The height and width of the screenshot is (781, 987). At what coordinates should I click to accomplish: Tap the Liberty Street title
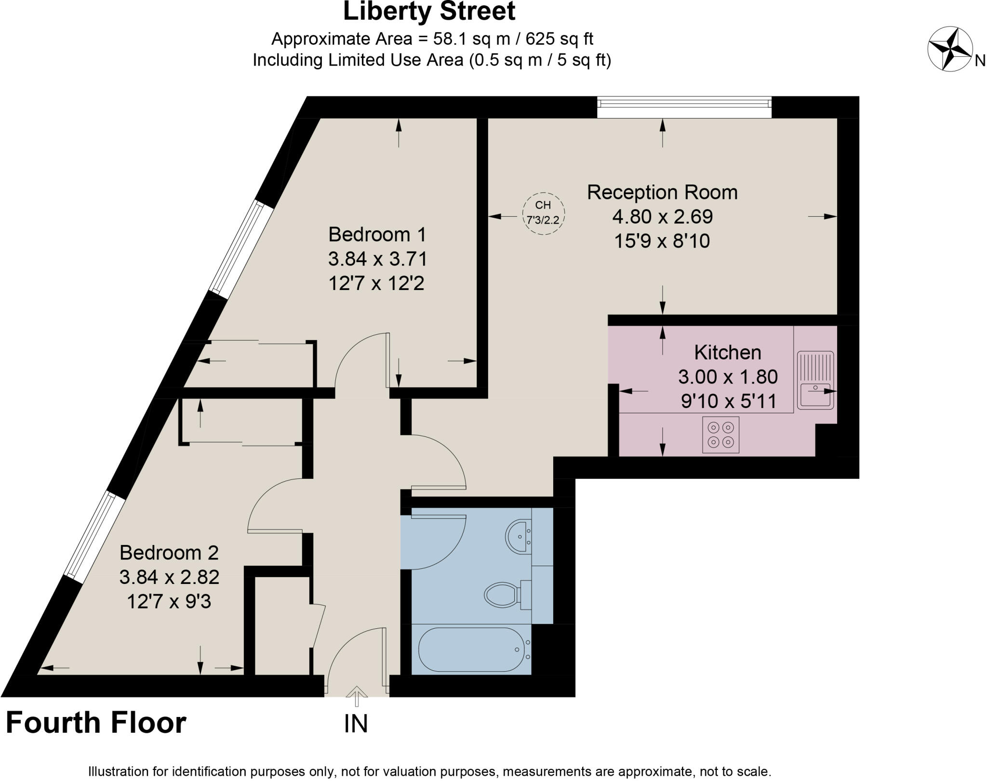tap(429, 12)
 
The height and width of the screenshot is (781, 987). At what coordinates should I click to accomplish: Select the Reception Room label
tap(662, 192)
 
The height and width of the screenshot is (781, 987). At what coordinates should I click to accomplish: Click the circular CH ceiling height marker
tap(543, 213)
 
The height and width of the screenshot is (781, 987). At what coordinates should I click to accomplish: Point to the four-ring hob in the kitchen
tap(720, 435)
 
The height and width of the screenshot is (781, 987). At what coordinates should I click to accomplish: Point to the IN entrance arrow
tap(356, 696)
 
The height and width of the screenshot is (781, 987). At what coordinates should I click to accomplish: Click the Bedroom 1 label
tap(377, 235)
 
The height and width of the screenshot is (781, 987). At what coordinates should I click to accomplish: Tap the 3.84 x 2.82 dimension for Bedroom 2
tap(169, 577)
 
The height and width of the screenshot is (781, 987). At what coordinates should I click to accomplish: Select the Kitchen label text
tap(727, 353)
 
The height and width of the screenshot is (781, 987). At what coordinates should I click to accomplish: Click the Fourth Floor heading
tap(96, 723)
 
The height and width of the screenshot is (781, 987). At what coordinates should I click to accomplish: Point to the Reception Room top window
tap(684, 107)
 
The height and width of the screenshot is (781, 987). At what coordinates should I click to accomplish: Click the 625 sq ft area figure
tap(559, 39)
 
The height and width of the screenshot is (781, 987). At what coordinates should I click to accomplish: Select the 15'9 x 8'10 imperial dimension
tap(662, 241)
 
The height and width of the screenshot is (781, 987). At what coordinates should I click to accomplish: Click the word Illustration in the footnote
tap(119, 771)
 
